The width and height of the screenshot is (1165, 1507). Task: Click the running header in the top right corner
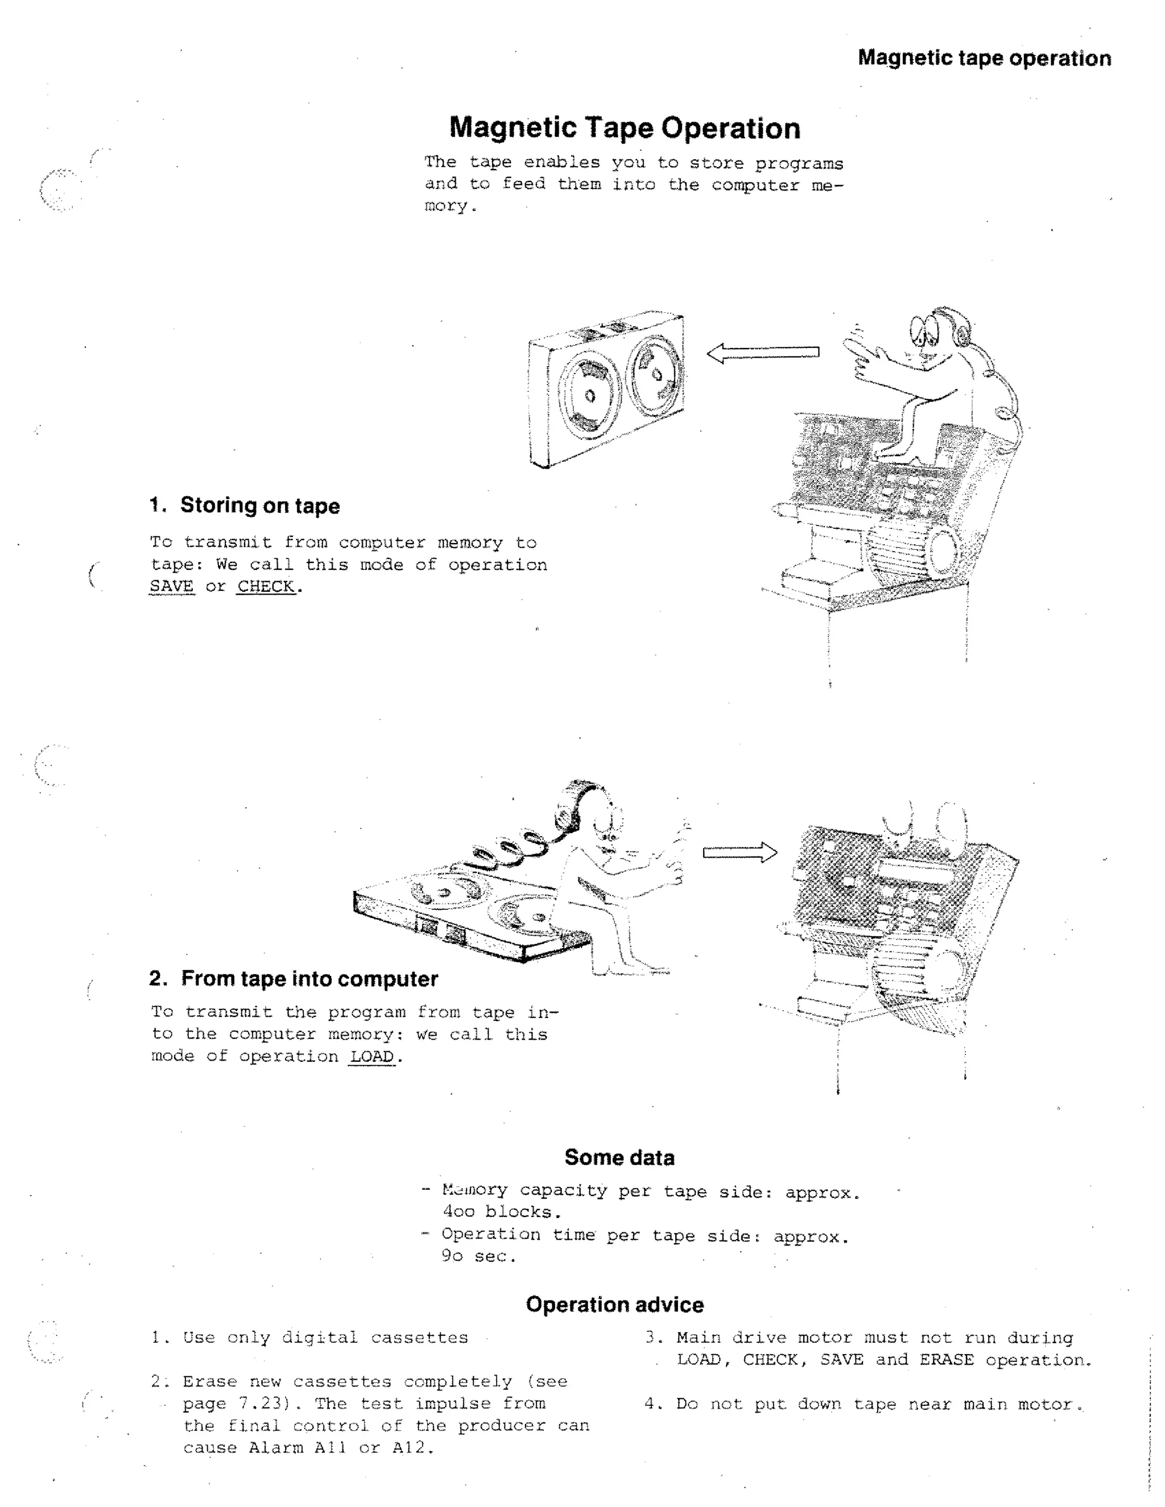coord(984,58)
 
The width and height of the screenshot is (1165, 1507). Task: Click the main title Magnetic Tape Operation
coord(625,129)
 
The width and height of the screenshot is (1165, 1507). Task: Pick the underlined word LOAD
coord(371,1057)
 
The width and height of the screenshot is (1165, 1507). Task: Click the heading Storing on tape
coord(259,505)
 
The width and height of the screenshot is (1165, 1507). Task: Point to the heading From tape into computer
coord(309,979)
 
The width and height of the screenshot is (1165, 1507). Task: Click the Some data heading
coord(619,1157)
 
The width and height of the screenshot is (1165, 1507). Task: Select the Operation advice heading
coord(614,1304)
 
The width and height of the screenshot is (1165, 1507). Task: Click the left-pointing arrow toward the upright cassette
coord(763,353)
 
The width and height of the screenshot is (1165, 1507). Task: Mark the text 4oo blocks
coord(502,1212)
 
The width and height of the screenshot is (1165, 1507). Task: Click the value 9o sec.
coord(478,1256)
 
